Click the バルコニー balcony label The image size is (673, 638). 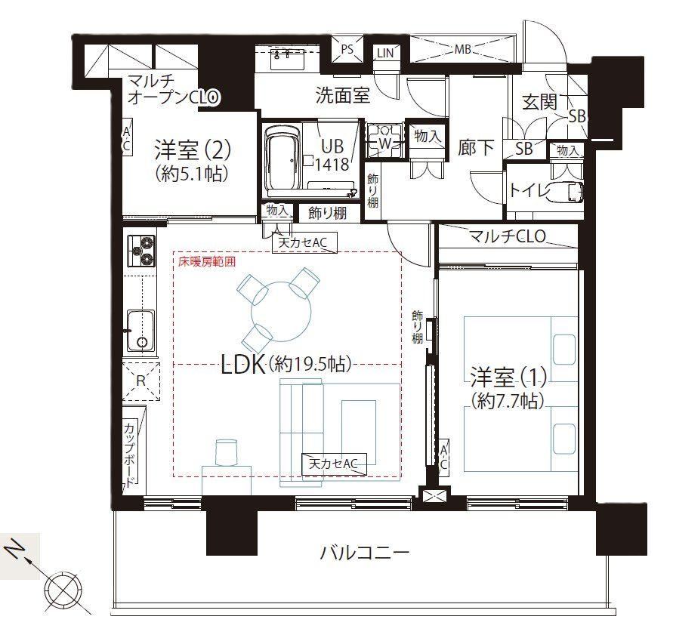pyautogui.click(x=366, y=553)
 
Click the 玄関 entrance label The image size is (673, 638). pyautogui.click(x=539, y=102)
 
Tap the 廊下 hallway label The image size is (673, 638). pyautogui.click(x=476, y=147)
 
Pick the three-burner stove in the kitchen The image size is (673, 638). pyautogui.click(x=141, y=251)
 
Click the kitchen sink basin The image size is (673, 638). pyautogui.click(x=140, y=331)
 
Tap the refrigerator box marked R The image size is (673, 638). pyautogui.click(x=140, y=381)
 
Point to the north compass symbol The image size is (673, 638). pyautogui.click(x=64, y=587)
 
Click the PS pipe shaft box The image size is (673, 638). pyautogui.click(x=347, y=49)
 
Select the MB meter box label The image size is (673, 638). pyautogui.click(x=463, y=49)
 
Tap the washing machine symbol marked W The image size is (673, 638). pyautogui.click(x=384, y=140)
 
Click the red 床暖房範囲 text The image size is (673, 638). pyautogui.click(x=207, y=261)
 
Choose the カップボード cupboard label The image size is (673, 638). pyautogui.click(x=130, y=455)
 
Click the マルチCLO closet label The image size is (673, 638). pyautogui.click(x=508, y=236)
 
